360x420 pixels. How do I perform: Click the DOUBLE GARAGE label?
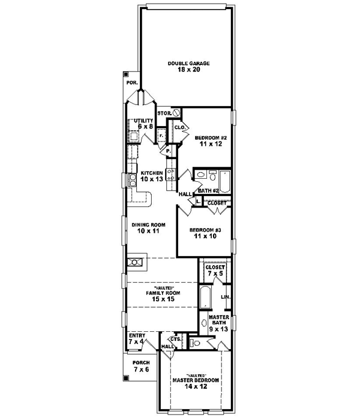pos(185,62)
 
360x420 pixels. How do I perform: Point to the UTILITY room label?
pos(144,121)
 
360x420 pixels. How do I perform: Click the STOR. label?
pos(164,113)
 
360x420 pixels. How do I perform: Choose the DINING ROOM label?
pos(148,224)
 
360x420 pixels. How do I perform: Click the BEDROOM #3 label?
pos(205,230)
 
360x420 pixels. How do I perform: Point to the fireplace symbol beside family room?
pos(135,262)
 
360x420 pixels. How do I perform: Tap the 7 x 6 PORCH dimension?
pos(142,370)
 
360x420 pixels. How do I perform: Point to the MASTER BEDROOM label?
pos(196,381)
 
